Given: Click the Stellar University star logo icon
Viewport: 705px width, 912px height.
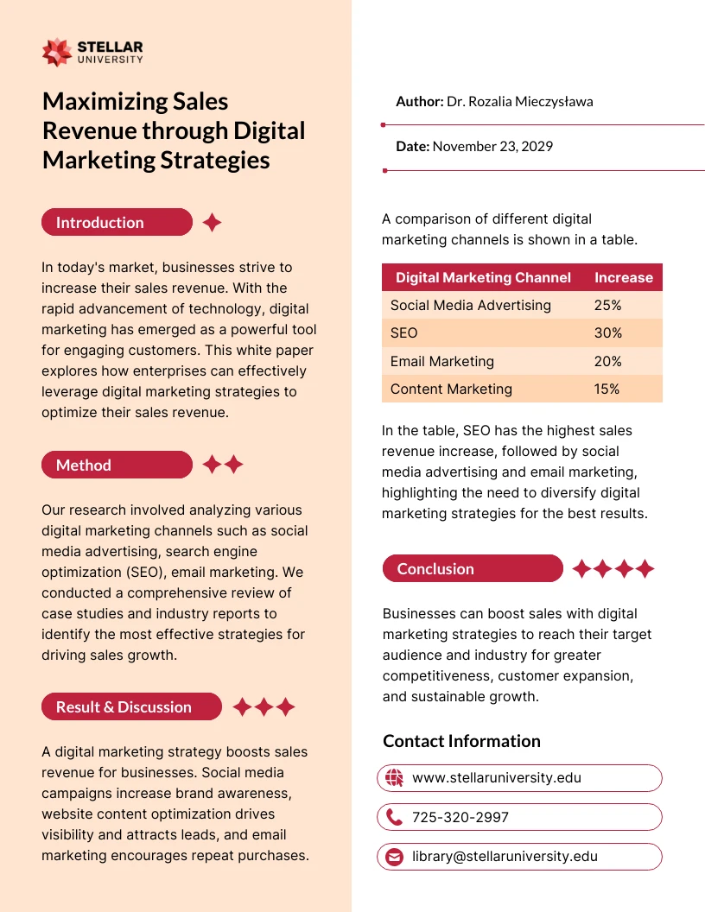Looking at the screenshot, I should point(57,52).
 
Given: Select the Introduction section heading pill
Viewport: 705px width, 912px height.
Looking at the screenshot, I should point(117,222).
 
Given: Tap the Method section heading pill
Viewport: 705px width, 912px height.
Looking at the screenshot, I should point(117,465).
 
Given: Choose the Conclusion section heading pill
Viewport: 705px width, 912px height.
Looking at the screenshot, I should point(472,568).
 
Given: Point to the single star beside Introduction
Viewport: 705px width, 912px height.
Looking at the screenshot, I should point(212,223).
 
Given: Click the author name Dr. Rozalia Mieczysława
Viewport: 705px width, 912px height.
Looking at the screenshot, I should point(519,101).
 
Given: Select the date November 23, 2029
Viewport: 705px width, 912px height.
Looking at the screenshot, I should point(492,146).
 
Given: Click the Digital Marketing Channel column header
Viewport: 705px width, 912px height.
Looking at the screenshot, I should point(483,277).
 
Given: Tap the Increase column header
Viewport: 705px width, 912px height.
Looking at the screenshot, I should point(623,277).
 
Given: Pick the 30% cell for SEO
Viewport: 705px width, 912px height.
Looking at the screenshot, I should point(607,332).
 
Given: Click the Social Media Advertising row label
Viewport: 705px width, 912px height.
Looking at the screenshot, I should point(470,305).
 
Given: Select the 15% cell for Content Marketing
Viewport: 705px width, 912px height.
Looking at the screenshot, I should point(607,389).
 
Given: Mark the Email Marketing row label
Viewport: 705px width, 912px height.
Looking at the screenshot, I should point(441,361).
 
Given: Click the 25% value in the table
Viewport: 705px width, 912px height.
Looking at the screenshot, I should point(607,305).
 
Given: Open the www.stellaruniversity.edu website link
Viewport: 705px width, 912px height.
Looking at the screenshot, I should point(496,777).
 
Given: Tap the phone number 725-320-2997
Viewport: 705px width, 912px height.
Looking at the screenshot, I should point(460,817).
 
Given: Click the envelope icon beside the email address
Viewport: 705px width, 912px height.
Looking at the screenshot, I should point(395,857).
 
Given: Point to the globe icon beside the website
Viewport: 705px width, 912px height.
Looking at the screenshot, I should point(395,777).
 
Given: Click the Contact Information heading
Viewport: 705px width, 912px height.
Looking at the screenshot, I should point(461,741).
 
